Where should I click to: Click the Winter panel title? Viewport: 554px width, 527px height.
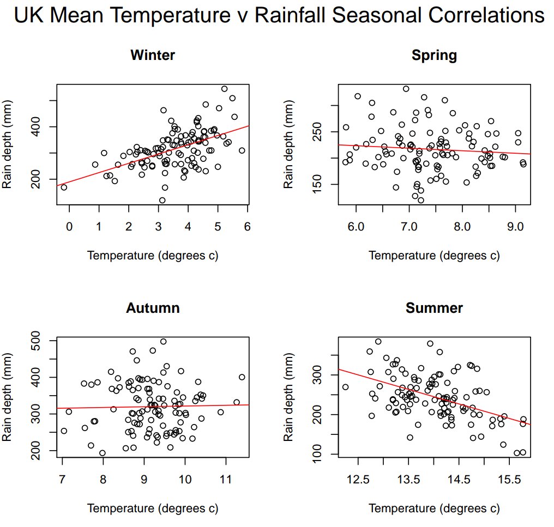(x=153, y=55)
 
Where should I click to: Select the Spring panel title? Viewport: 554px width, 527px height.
(x=434, y=55)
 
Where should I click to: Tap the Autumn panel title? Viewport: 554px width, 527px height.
(x=153, y=308)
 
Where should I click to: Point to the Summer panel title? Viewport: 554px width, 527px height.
(x=434, y=308)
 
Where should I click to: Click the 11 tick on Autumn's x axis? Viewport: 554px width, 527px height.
(x=226, y=480)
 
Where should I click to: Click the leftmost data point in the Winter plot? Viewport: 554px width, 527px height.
(x=64, y=187)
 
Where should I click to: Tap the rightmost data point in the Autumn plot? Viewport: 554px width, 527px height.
(x=242, y=377)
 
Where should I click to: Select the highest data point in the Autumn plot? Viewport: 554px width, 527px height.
(x=163, y=342)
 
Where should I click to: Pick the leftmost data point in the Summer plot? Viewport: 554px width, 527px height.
(x=345, y=387)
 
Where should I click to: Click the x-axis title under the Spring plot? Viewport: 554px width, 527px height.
(x=434, y=256)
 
